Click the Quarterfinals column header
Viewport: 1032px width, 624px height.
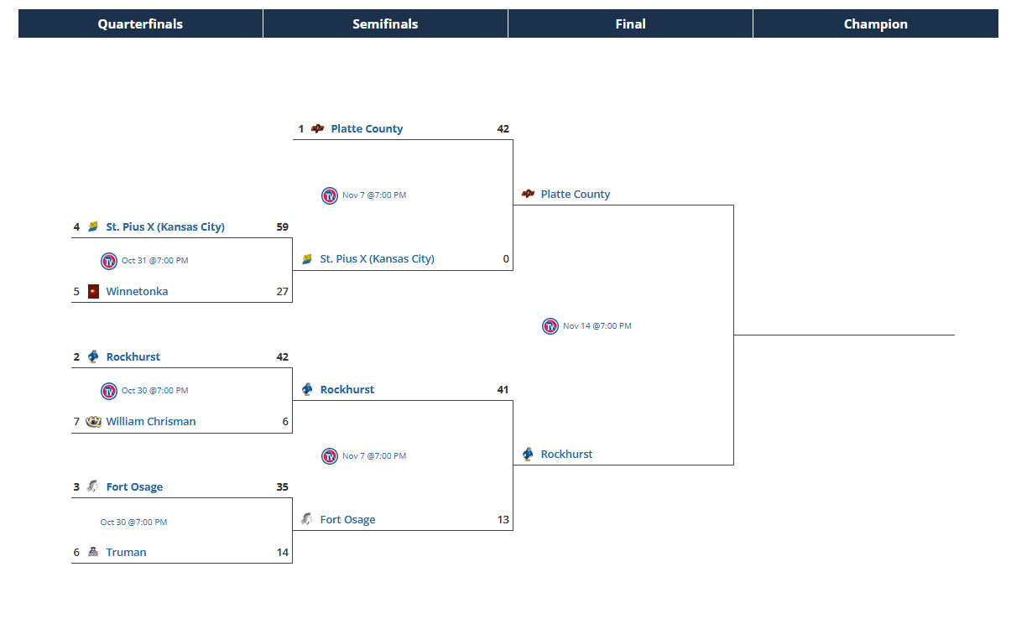[x=140, y=24]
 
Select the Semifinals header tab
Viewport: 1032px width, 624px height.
[x=385, y=24]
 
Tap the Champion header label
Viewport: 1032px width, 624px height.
[x=875, y=24]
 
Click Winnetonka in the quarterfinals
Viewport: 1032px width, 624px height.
[x=137, y=292]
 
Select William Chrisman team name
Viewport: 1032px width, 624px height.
[x=151, y=422]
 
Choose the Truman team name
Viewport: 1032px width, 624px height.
[x=126, y=553]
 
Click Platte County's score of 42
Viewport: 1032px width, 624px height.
[x=503, y=129]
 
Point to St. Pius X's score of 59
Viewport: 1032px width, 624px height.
[x=282, y=227]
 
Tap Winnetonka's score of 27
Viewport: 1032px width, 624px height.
[x=282, y=292]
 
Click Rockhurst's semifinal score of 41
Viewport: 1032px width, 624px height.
[x=503, y=390]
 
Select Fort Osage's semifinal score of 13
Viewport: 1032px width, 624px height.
[x=503, y=520]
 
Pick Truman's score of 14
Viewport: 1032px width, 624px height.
[x=282, y=553]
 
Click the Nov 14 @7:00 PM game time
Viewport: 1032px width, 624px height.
[x=597, y=326]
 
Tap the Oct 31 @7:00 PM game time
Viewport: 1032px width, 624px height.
[x=155, y=261]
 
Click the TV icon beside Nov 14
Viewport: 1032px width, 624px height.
[x=550, y=326]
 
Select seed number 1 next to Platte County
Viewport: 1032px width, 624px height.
[x=301, y=129]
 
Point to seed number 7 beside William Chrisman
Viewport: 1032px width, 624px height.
[x=76, y=422]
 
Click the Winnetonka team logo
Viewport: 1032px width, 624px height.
[x=93, y=292]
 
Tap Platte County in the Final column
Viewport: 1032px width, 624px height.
[x=576, y=195]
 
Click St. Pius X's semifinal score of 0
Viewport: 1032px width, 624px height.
[x=506, y=259]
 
